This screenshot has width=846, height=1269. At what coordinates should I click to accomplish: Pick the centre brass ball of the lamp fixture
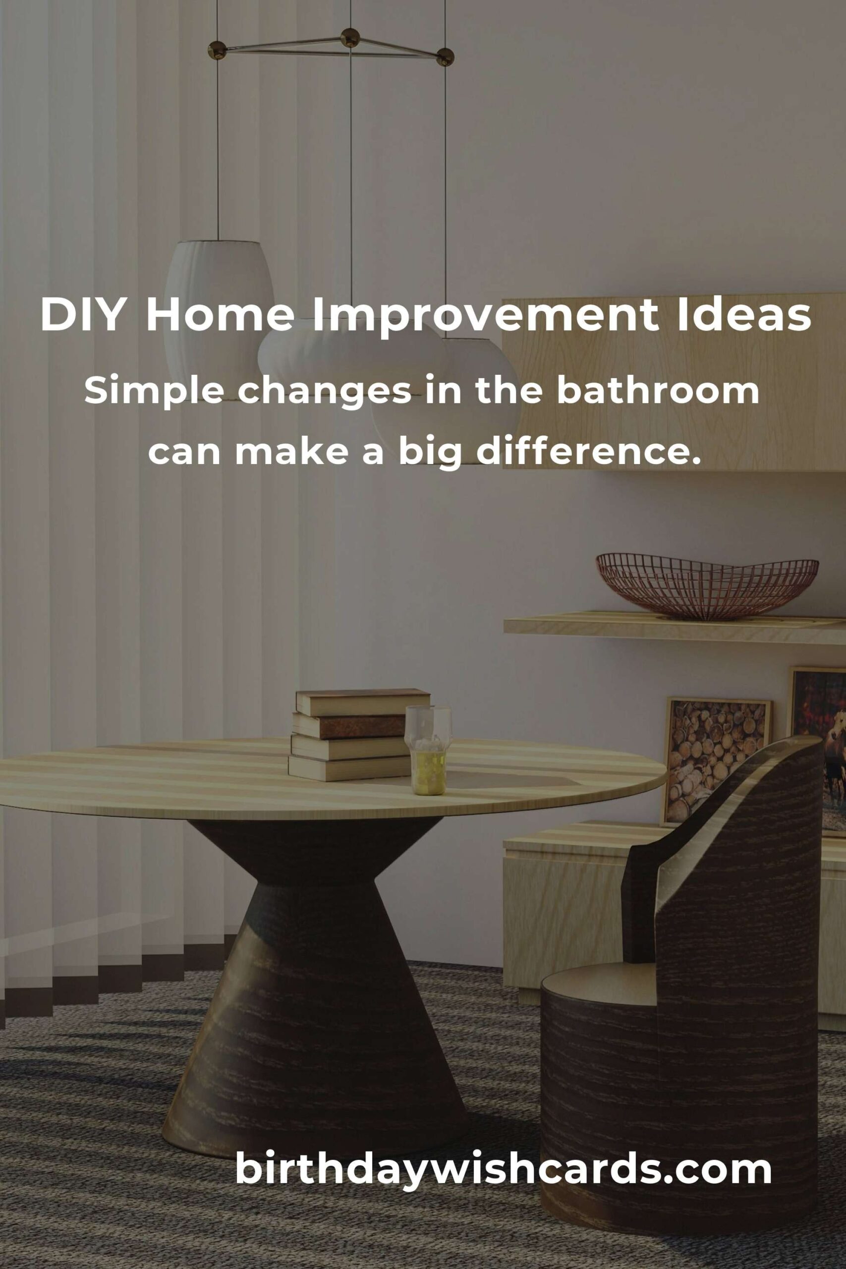click(x=350, y=37)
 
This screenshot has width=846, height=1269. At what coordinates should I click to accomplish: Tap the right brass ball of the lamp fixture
click(x=445, y=56)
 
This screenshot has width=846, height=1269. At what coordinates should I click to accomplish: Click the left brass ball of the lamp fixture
click(x=218, y=50)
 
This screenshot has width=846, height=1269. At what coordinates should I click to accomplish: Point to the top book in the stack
click(x=363, y=702)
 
